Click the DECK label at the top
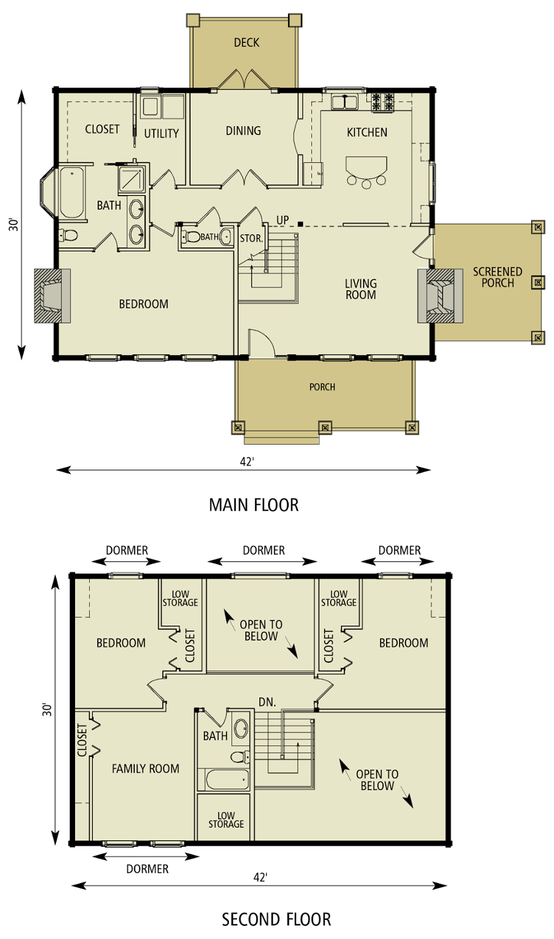coord(246,42)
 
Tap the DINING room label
coord(243,130)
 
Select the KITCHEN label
coord(367,132)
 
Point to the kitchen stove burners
coord(382,101)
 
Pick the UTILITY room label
coord(161,133)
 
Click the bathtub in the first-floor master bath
coord(71,192)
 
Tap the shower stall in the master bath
coord(132,179)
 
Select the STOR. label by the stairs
coord(251,238)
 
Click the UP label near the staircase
coord(283,220)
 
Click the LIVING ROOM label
coord(361,289)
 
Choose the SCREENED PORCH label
coord(497,277)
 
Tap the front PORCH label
coord(322,387)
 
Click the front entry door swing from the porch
coord(260,343)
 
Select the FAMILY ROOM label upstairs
coord(145,768)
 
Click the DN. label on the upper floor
coord(267,702)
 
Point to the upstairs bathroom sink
coord(241,729)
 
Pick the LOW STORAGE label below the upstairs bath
coord(226,820)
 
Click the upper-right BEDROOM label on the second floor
coord(403,643)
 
